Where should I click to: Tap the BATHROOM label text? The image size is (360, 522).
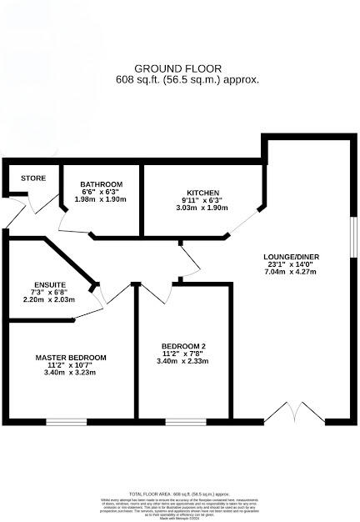102,184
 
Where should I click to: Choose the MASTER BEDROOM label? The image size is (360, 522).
71,358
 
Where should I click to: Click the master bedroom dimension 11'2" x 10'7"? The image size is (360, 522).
71,365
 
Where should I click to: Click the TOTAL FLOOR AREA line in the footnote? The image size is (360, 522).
180,494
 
